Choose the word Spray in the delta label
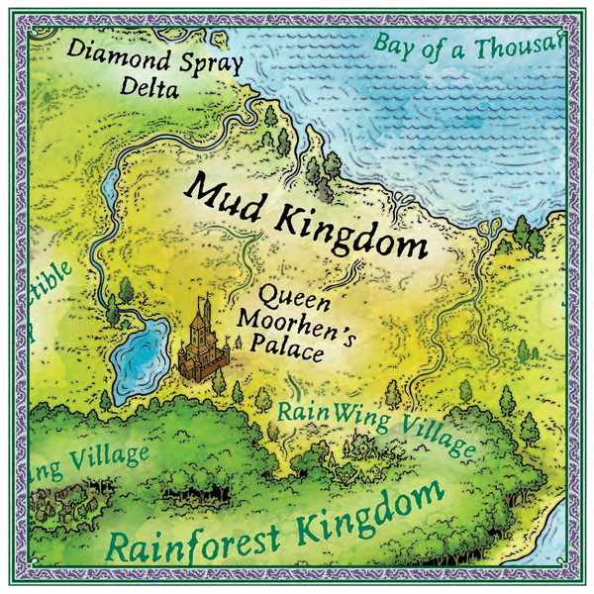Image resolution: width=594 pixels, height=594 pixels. pos(204,61)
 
